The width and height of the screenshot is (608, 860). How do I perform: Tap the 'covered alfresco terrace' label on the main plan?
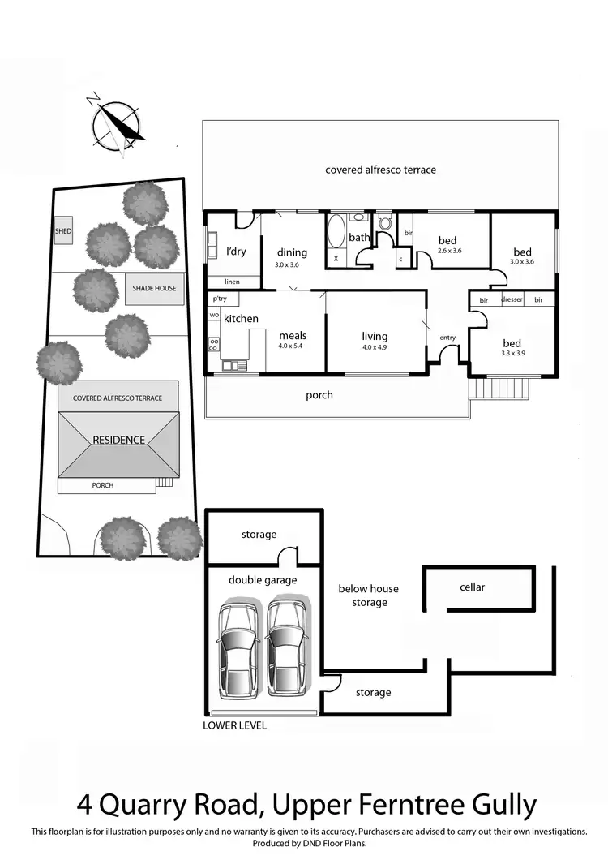coord(380,170)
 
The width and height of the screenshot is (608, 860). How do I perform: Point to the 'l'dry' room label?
coord(236,252)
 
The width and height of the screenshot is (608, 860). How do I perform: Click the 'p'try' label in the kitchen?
coord(219,299)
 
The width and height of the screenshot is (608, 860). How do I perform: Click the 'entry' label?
coord(447,338)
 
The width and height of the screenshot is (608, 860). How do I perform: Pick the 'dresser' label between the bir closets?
coord(512,300)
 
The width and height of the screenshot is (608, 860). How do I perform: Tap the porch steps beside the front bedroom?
coord(500,389)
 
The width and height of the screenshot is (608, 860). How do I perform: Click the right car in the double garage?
coord(287,641)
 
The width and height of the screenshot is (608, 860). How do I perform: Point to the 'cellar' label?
coord(472,587)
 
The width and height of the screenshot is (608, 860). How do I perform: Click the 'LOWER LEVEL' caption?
coord(234,725)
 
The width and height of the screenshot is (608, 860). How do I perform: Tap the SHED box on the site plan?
coord(63,231)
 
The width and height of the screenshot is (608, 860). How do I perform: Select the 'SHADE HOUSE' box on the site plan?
coord(154,288)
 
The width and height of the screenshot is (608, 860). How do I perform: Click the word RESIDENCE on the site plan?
coord(118,440)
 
